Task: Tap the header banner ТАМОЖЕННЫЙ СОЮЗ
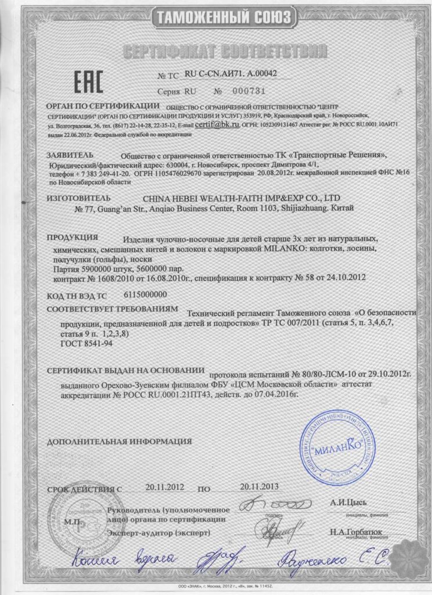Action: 221,17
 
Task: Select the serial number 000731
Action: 249,92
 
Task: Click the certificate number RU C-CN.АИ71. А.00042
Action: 231,74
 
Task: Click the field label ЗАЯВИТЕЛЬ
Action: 69,156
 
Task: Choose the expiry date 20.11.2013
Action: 260,486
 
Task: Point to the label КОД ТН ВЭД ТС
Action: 77,295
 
